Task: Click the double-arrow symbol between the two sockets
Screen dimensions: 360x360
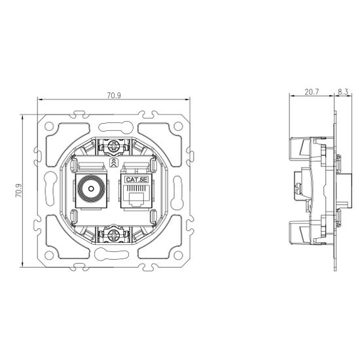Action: click(x=114, y=161)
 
